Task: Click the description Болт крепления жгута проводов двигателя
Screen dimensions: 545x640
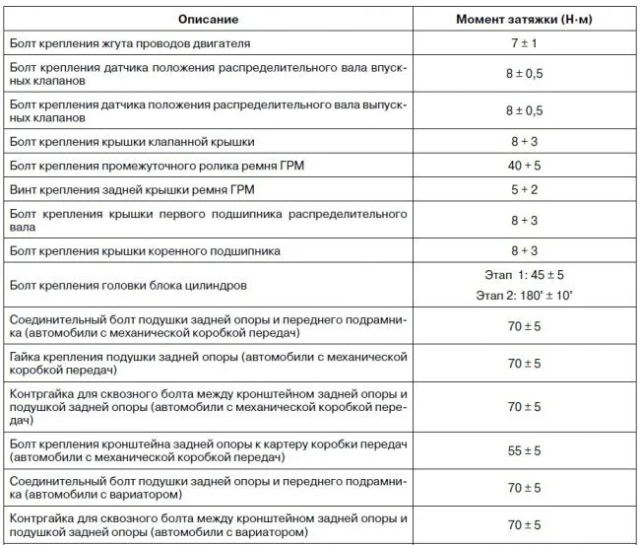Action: pyautogui.click(x=129, y=45)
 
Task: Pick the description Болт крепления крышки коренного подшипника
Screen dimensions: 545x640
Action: pyautogui.click(x=144, y=251)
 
